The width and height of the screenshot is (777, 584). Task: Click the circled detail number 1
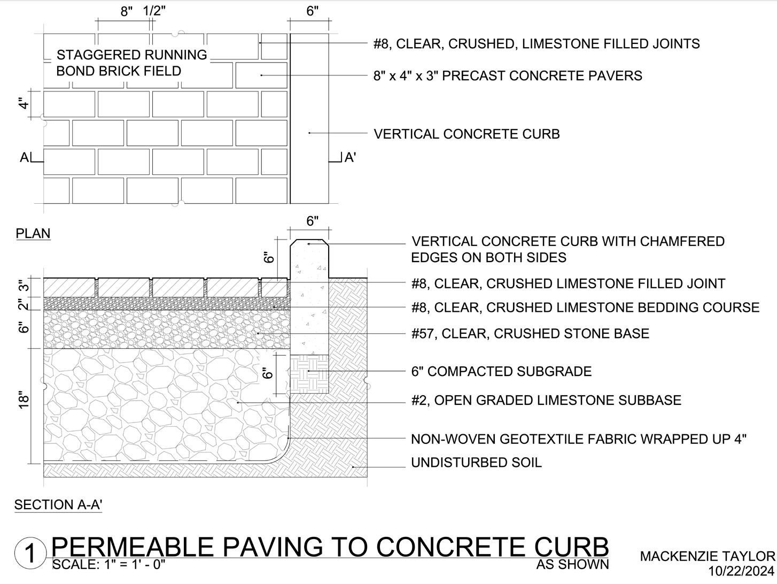(x=30, y=554)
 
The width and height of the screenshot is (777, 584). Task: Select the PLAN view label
(x=33, y=234)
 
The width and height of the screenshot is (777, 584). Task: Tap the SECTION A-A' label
(x=58, y=505)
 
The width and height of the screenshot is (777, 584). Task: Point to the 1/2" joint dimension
(x=153, y=11)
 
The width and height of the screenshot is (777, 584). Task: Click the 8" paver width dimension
(x=126, y=11)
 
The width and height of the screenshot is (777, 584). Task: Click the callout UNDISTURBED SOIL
(x=476, y=463)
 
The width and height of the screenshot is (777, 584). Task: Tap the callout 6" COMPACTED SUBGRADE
(x=501, y=372)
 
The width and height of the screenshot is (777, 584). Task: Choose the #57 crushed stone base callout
(x=530, y=334)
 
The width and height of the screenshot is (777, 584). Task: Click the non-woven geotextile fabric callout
(x=579, y=439)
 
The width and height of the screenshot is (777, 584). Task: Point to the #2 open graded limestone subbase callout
(x=546, y=401)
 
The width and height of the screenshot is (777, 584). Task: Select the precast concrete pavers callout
(x=508, y=76)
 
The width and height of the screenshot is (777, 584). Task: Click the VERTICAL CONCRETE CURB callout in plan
(x=467, y=134)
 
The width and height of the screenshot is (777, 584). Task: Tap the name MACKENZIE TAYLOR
(x=707, y=557)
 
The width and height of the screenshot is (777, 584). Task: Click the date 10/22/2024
(x=741, y=572)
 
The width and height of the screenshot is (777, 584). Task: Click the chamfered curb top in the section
(x=309, y=243)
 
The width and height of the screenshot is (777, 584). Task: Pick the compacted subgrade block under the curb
(x=309, y=373)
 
